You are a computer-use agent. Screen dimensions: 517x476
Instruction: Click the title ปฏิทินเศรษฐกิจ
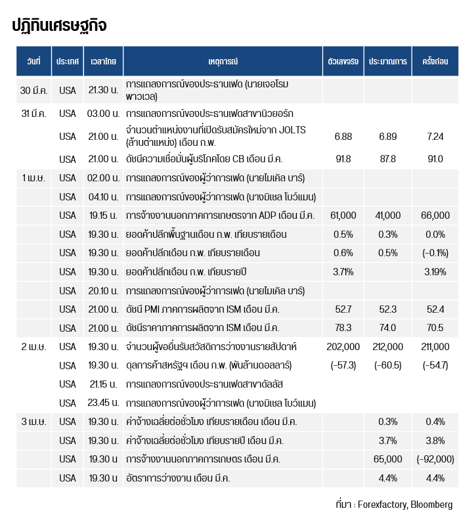[x=59, y=25]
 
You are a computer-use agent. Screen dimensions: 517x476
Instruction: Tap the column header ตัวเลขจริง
[x=343, y=61]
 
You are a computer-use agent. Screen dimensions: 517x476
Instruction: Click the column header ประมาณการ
[x=387, y=61]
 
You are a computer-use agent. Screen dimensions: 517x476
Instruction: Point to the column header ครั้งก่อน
[x=435, y=61]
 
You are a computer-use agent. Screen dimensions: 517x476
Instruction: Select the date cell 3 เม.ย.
[x=33, y=421]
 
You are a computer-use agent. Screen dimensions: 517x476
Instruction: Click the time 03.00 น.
[x=103, y=114]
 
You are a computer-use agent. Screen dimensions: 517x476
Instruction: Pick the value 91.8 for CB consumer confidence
[x=343, y=159]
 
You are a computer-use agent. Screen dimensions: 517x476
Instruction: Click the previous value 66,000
[x=436, y=215]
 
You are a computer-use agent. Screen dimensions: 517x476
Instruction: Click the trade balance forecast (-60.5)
[x=388, y=365]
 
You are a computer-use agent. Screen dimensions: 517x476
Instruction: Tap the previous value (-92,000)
[x=435, y=459]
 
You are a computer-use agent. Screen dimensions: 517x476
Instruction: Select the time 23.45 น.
[x=103, y=403]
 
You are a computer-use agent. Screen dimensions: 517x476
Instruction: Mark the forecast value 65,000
[x=388, y=459]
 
